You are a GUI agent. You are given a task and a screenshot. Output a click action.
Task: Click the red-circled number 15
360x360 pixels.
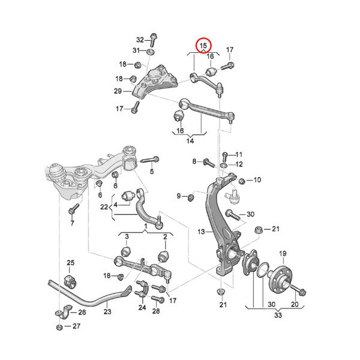pyautogui.click(x=203, y=45)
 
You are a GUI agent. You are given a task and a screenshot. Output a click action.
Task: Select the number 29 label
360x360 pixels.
pyautogui.click(x=118, y=91)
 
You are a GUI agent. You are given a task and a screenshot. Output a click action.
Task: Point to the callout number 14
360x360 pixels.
pyautogui.click(x=191, y=141)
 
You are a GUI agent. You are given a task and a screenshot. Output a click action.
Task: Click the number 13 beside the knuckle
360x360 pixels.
pyautogui.click(x=202, y=232)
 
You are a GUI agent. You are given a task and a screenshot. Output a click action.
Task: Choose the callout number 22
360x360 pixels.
pyautogui.click(x=104, y=208)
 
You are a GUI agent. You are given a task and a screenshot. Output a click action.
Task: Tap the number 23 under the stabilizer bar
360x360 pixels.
pyautogui.click(x=107, y=311)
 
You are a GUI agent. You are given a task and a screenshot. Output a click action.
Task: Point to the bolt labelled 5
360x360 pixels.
pyautogui.click(x=150, y=160)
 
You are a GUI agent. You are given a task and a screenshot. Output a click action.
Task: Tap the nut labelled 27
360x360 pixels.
pyautogui.click(x=59, y=327)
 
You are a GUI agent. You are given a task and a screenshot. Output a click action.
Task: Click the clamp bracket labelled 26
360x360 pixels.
pyautogui.click(x=61, y=314)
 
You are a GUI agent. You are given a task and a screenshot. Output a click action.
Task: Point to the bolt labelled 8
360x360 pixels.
pyautogui.click(x=210, y=162)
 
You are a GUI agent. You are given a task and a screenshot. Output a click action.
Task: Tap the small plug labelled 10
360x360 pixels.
pyautogui.click(x=242, y=181)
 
